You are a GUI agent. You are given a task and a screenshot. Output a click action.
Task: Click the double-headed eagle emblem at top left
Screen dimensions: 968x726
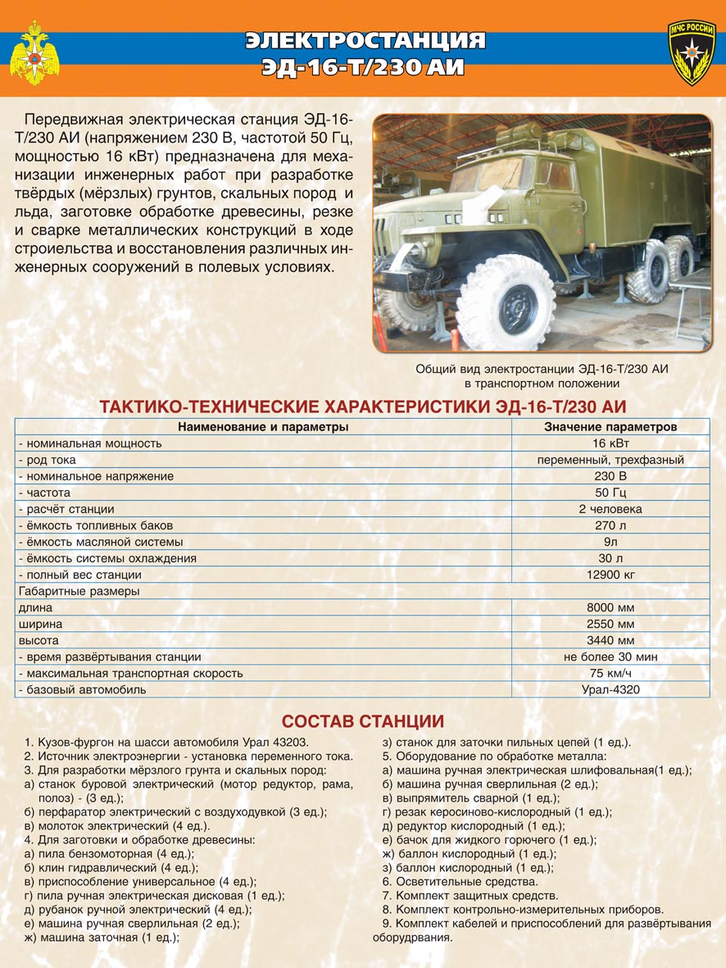pyautogui.click(x=34, y=53)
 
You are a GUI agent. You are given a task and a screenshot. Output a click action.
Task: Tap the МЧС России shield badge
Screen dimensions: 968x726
pyautogui.click(x=692, y=52)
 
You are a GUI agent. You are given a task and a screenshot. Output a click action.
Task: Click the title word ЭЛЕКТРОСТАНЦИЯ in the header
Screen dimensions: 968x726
pyautogui.click(x=365, y=41)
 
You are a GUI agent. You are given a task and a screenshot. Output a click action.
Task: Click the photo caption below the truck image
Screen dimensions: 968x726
pyautogui.click(x=542, y=376)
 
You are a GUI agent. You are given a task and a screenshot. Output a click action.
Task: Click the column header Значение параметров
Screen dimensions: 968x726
pyautogui.click(x=610, y=427)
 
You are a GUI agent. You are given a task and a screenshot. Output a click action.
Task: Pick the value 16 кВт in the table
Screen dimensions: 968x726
pyautogui.click(x=610, y=443)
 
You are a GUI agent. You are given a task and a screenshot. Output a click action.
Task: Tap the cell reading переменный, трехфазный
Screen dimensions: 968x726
pyautogui.click(x=610, y=460)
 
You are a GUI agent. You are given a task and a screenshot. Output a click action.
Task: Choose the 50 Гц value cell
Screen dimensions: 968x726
pyautogui.click(x=610, y=493)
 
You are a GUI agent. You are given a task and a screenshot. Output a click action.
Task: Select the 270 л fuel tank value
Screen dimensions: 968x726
pyautogui.click(x=610, y=525)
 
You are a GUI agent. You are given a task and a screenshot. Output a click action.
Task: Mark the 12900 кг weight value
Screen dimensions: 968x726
pyautogui.click(x=610, y=575)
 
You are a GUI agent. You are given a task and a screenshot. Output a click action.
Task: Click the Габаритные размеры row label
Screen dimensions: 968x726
pyautogui.click(x=79, y=591)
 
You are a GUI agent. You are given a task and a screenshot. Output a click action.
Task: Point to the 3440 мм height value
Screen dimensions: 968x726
pyautogui.click(x=610, y=640)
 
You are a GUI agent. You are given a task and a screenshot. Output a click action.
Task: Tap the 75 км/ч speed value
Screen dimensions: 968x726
pyautogui.click(x=610, y=673)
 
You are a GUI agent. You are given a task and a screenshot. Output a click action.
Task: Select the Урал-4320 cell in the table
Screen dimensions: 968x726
pyautogui.click(x=610, y=689)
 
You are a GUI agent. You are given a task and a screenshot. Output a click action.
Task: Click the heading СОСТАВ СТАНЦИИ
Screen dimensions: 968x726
pyautogui.click(x=362, y=721)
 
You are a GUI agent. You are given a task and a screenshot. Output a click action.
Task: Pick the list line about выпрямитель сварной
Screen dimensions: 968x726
pyautogui.click(x=470, y=798)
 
